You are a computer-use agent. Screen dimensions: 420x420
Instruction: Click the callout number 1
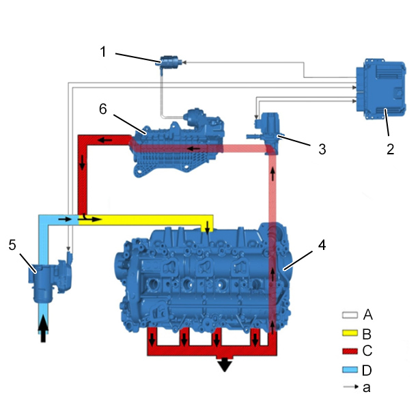click(x=103, y=51)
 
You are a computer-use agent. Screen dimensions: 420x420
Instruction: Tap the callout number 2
click(x=390, y=149)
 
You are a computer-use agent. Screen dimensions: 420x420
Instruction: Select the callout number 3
click(x=322, y=149)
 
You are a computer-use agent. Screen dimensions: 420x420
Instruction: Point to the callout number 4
click(x=322, y=244)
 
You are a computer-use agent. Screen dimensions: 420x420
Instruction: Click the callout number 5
click(x=12, y=244)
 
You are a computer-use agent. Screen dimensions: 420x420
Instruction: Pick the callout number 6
click(x=103, y=109)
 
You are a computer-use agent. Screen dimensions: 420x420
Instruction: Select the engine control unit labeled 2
click(x=380, y=88)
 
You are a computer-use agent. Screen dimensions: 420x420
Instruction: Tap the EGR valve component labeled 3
click(x=266, y=132)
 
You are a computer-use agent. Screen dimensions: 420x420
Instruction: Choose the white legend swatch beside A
click(x=350, y=315)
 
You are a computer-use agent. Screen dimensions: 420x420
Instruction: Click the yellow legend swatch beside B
click(x=350, y=333)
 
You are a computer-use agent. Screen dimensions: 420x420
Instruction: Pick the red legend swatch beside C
click(x=350, y=351)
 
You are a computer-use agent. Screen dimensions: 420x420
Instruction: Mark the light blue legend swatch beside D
click(x=350, y=369)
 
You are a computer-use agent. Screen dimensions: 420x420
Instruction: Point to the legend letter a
click(x=367, y=387)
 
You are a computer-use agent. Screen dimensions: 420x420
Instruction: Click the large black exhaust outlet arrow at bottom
click(x=225, y=364)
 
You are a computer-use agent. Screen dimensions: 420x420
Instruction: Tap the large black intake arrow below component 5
click(x=43, y=328)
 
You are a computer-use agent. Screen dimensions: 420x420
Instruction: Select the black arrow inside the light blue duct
click(x=65, y=219)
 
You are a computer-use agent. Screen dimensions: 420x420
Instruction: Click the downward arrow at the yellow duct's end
click(x=207, y=227)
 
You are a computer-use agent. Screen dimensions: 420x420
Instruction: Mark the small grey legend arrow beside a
click(x=351, y=387)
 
